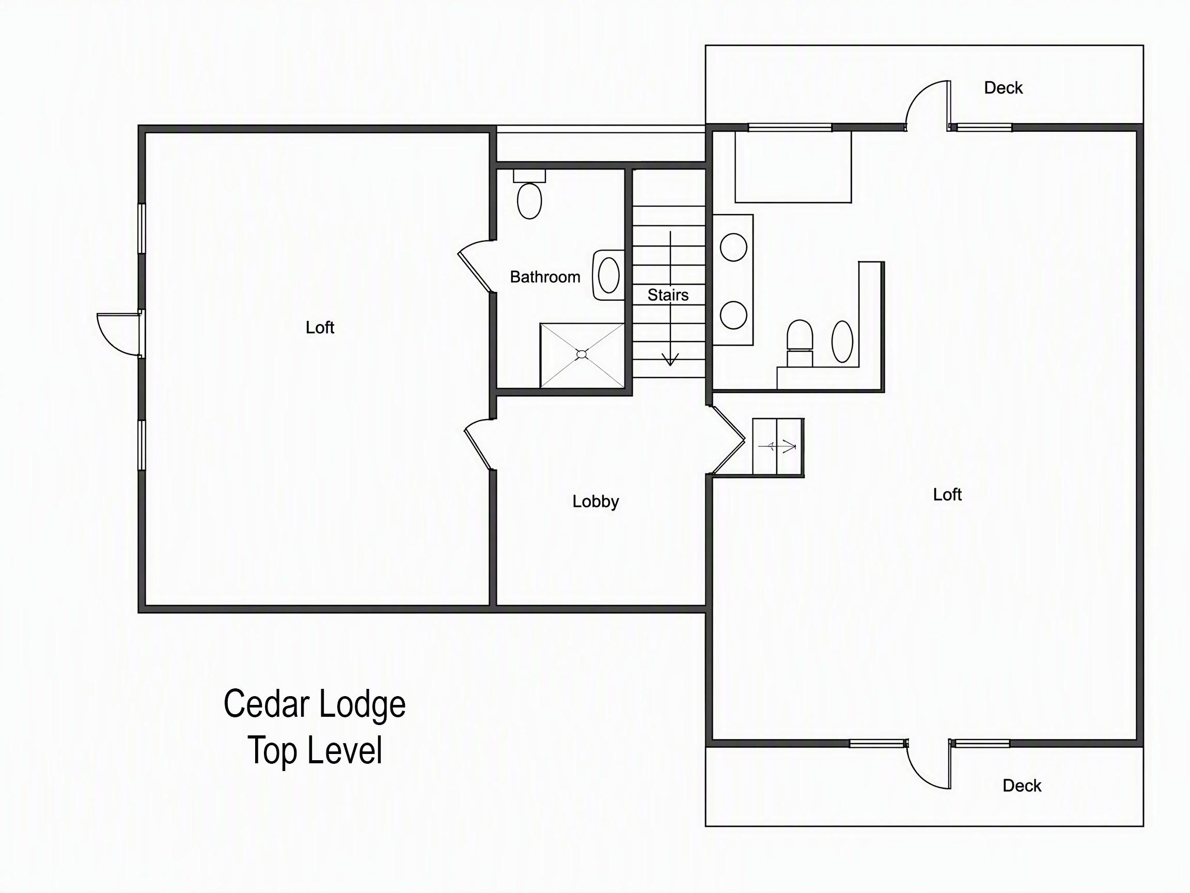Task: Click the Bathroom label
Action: pyautogui.click(x=545, y=276)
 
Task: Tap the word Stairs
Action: pyautogui.click(x=668, y=295)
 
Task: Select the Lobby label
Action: pyautogui.click(x=596, y=501)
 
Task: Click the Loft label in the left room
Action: pyautogui.click(x=320, y=327)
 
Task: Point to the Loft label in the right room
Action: pyautogui.click(x=947, y=494)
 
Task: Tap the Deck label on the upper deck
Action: pyautogui.click(x=1003, y=88)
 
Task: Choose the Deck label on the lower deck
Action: pyautogui.click(x=1022, y=786)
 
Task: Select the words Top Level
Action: pyautogui.click(x=315, y=750)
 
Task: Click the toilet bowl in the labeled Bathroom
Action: pyautogui.click(x=529, y=201)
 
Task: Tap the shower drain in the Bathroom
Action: pyautogui.click(x=582, y=354)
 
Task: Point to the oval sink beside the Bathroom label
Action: pyautogui.click(x=608, y=275)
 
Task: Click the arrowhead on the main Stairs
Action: pyautogui.click(x=670, y=359)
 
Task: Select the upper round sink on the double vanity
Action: pyautogui.click(x=733, y=247)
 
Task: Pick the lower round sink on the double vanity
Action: pyautogui.click(x=733, y=315)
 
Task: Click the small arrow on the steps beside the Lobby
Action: pyautogui.click(x=777, y=446)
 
